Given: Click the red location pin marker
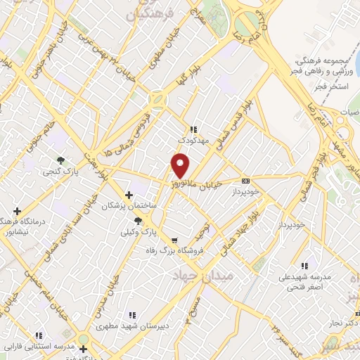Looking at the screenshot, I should [x=181, y=166].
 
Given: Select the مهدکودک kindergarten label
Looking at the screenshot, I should [x=193, y=141].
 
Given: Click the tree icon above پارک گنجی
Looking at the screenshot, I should [x=61, y=160].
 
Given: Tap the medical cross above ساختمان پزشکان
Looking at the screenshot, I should [x=128, y=195].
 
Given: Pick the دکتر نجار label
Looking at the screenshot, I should [x=338, y=322].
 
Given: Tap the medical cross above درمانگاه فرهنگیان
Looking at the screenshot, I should [x=17, y=210].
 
